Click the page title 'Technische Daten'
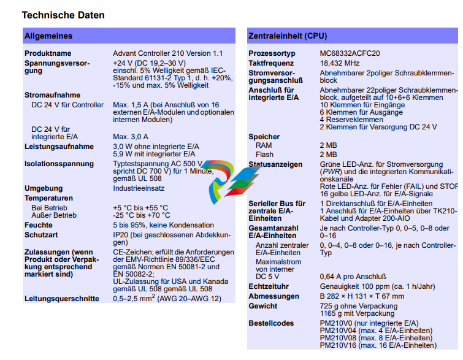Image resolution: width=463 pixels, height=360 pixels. pyautogui.click(x=63, y=15)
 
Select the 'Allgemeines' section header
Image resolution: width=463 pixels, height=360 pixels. pyautogui.click(x=48, y=36)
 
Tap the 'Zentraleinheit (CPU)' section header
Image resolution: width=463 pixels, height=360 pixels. pyautogui.click(x=288, y=36)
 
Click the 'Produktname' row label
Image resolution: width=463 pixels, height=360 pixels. pyautogui.click(x=48, y=54)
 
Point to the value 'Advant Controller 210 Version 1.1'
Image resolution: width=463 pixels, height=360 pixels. pyautogui.click(x=167, y=54)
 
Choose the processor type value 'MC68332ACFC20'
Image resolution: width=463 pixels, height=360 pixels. pyautogui.click(x=350, y=54)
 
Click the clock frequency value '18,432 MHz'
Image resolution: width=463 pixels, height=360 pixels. pyautogui.click(x=340, y=63)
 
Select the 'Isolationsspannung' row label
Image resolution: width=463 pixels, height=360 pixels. pyautogui.click(x=59, y=164)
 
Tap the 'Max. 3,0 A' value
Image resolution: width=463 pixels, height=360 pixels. pyautogui.click(x=131, y=136)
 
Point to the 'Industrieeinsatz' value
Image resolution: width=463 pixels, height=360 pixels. pyautogui.click(x=139, y=188)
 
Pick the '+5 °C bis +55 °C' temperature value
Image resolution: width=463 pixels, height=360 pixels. pyautogui.click(x=140, y=208)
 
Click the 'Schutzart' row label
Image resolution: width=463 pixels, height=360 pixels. pyautogui.click(x=42, y=235)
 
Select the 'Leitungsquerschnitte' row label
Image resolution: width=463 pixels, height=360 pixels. pyautogui.click(x=61, y=299)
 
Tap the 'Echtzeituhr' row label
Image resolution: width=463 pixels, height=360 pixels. pyautogui.click(x=269, y=286)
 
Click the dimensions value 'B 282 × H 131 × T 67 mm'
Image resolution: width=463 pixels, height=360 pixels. pyautogui.click(x=362, y=296)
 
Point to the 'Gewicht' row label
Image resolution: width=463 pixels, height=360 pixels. pyautogui.click(x=262, y=305)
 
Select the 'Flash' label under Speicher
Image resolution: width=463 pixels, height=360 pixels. pyautogui.click(x=264, y=155)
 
